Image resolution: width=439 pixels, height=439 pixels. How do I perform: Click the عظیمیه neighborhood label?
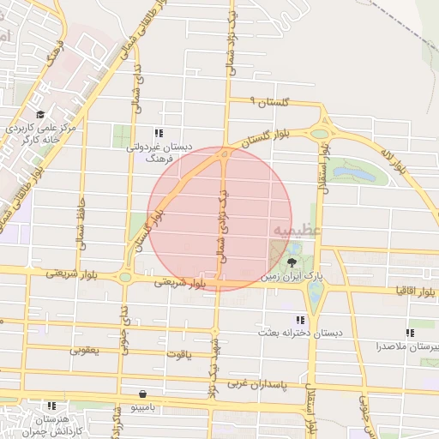click(x=298, y=230)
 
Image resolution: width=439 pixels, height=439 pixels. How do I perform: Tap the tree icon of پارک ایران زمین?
click(x=293, y=263)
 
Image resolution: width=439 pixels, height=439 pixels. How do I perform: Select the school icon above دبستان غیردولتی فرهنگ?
click(x=158, y=133)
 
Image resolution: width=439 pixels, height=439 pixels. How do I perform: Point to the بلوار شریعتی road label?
click(x=179, y=280)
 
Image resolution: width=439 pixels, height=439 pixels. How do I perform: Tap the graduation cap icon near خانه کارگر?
click(x=39, y=114)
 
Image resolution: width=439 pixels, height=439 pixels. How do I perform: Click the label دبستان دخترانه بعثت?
click(x=292, y=331)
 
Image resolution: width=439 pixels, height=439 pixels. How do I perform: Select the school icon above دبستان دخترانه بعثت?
click(x=300, y=319)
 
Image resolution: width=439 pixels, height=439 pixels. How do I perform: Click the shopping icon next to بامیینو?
click(x=141, y=394)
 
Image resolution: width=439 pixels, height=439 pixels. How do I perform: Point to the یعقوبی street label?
click(x=85, y=351)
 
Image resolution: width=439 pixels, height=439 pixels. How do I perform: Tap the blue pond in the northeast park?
click(x=354, y=175)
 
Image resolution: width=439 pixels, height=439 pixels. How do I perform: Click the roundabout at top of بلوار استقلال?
click(x=321, y=133)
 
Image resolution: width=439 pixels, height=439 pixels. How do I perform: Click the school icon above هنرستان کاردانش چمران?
click(x=52, y=406)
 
